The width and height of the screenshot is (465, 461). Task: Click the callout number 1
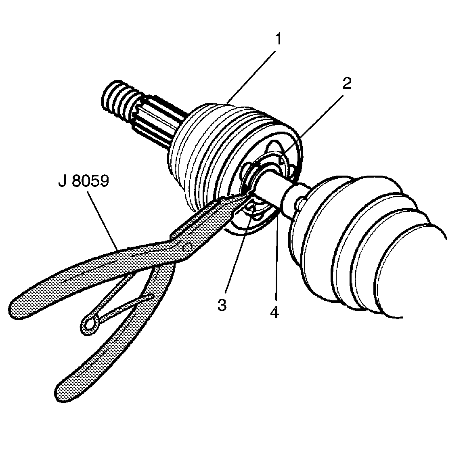click(278, 40)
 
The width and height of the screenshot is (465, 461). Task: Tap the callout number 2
click(346, 84)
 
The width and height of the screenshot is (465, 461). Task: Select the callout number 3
click(222, 305)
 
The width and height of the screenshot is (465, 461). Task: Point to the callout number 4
click(274, 312)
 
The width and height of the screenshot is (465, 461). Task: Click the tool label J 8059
click(83, 181)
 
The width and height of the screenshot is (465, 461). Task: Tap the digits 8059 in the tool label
click(91, 181)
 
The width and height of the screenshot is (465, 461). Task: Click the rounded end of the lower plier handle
click(63, 390)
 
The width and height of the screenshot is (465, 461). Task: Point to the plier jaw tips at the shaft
click(244, 195)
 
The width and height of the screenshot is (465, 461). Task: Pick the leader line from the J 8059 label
click(103, 218)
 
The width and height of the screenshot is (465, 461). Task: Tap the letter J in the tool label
click(62, 181)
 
